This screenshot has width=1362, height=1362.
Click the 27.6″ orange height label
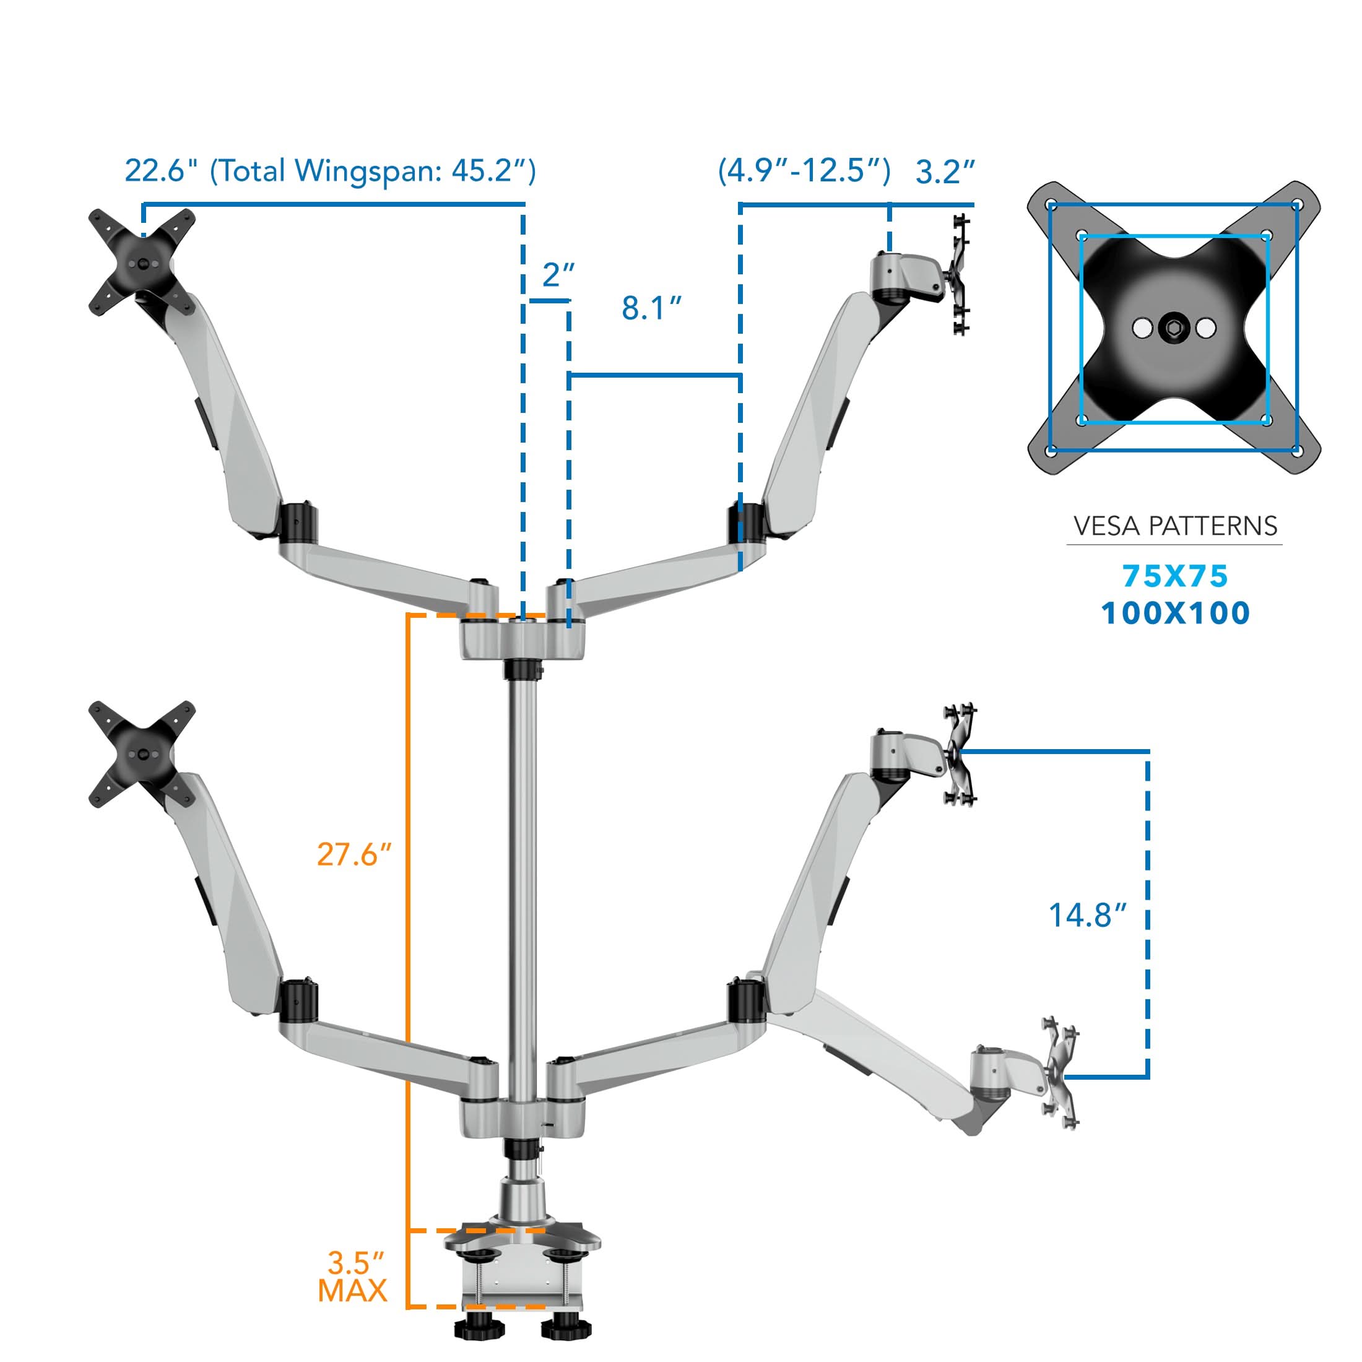click(x=353, y=854)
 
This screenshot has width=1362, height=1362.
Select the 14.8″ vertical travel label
click(x=1088, y=916)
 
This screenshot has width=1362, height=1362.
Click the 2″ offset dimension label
click(x=558, y=275)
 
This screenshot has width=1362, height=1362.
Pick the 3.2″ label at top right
click(x=945, y=172)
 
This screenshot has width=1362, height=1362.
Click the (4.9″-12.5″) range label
click(x=804, y=171)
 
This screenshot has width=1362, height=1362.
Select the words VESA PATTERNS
click(x=1175, y=526)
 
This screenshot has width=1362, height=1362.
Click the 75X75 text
click(x=1175, y=576)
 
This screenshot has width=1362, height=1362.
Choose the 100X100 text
click(x=1175, y=613)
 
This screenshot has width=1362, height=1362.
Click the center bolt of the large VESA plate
click(x=1174, y=328)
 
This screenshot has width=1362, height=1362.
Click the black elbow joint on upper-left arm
click(x=298, y=523)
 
